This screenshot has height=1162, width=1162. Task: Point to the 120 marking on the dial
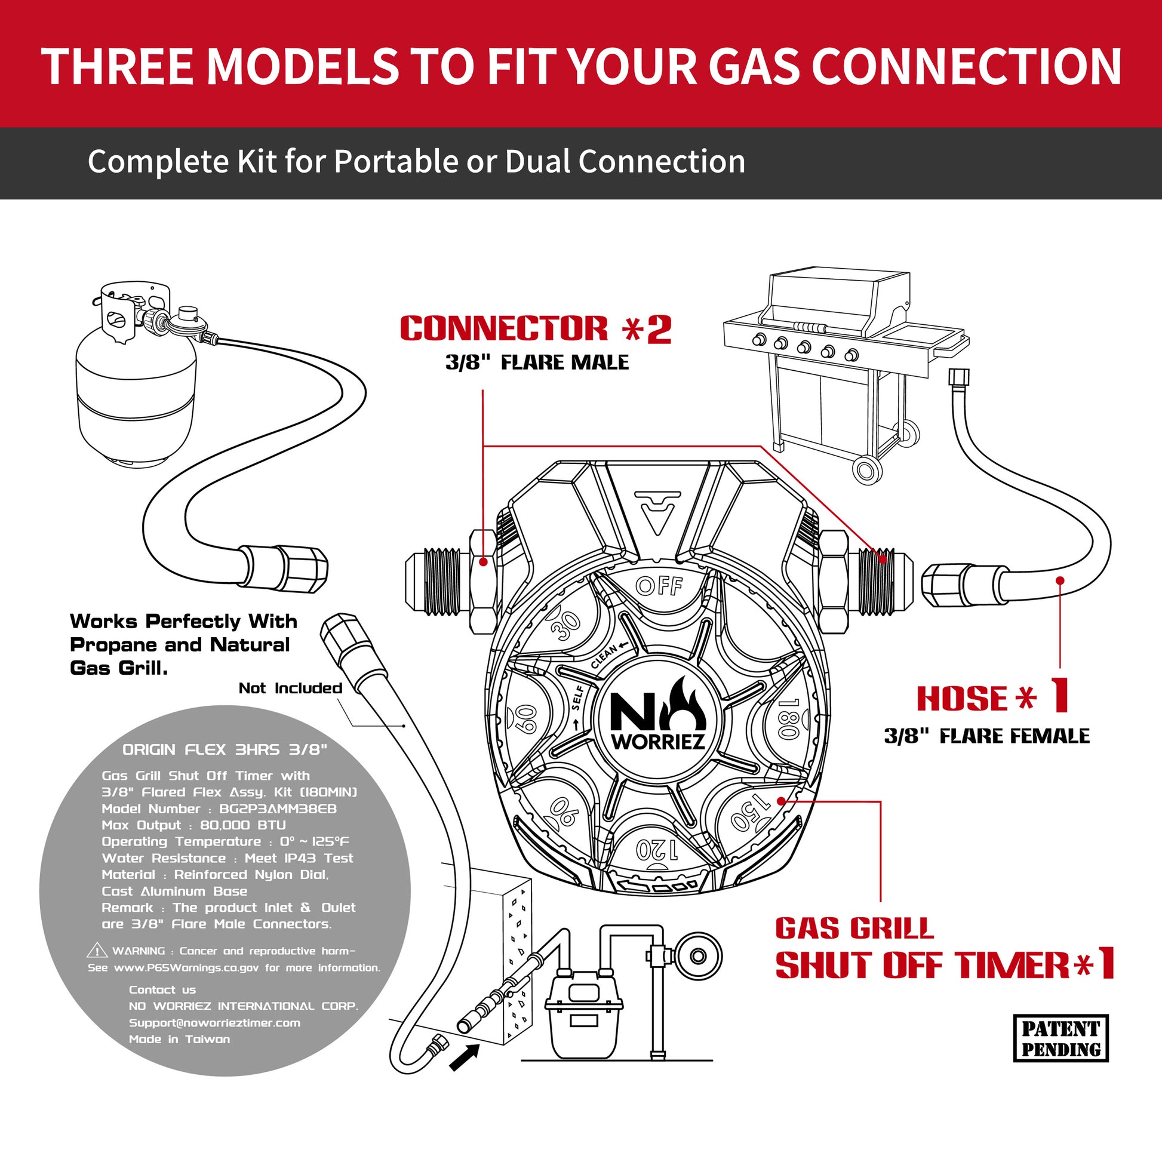coord(657,850)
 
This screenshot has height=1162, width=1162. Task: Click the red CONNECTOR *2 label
coord(535,329)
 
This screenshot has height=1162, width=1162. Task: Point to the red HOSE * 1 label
coord(992,697)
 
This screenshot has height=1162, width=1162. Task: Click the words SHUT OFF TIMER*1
coord(944,966)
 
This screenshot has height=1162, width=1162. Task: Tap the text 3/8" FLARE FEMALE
coord(986,736)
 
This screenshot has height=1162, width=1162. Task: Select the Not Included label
coord(290,688)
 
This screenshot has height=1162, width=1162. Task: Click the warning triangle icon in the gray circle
coord(97,951)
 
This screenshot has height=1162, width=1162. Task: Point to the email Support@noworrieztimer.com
coord(214,1022)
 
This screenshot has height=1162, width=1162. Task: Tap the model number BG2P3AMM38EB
coord(278,809)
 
